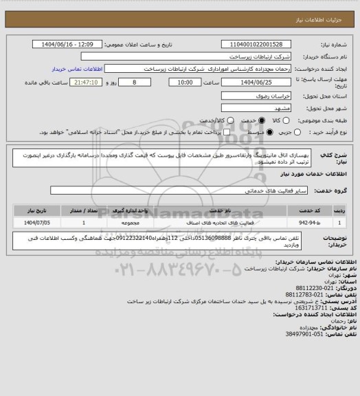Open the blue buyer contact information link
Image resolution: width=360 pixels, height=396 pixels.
77,69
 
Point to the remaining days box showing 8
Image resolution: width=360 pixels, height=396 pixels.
124,82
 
